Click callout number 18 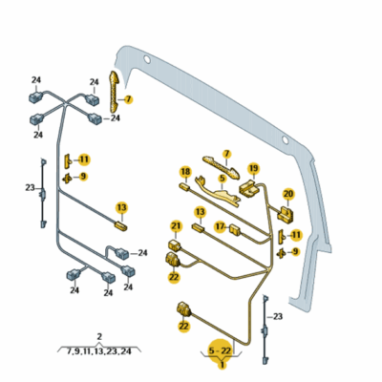point(185,172)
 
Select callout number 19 point(253,168)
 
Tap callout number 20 point(288,193)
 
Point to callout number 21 point(176,226)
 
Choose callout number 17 point(219,227)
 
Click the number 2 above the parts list point(99,336)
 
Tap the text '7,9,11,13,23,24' point(99,351)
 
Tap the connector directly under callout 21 point(175,244)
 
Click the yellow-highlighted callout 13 point(121,207)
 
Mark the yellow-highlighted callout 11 point(84,159)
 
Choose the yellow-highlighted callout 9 point(83,176)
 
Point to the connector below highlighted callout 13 point(120,227)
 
